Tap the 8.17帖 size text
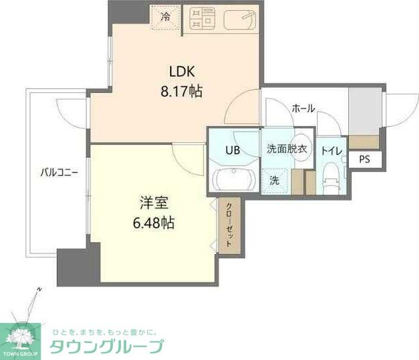point(181,90)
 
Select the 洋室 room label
point(154,202)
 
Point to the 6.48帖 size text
point(154,221)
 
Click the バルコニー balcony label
point(58,173)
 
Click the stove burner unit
point(201,20)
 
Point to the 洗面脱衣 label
point(287,148)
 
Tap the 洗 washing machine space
point(275,180)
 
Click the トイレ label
point(331,150)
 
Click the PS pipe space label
point(364,160)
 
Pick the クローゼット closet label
point(229,225)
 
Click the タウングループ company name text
point(107,347)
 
